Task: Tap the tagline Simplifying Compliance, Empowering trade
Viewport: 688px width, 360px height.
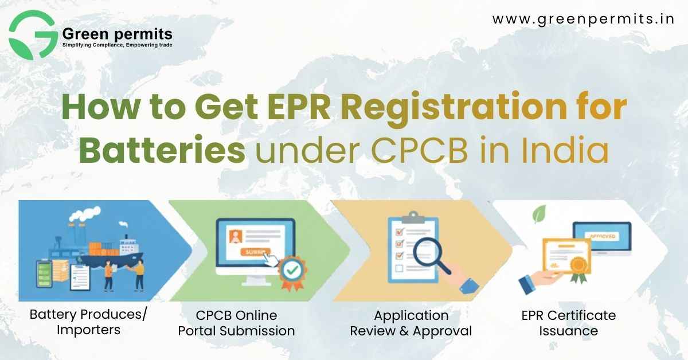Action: [117, 44]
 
